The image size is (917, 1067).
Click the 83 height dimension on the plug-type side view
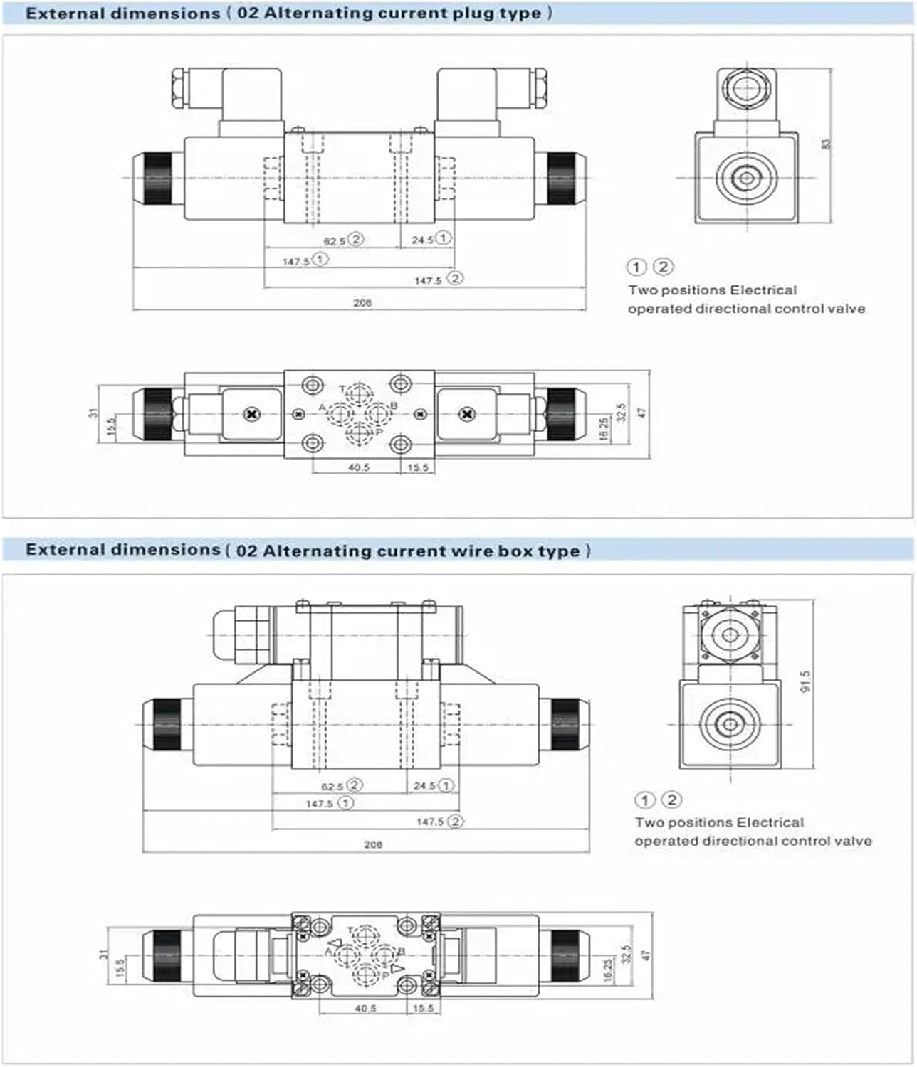pos(826,143)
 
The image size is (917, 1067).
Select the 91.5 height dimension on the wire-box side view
pos(806,681)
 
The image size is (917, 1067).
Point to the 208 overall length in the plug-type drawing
pos(362,303)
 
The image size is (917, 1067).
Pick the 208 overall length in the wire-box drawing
pos(372,844)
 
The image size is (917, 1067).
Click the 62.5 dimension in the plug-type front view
pos(334,241)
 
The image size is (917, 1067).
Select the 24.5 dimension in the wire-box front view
pos(424,786)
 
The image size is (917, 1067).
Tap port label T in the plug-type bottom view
pos(342,389)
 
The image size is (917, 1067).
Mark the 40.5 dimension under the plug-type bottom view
pos(359,467)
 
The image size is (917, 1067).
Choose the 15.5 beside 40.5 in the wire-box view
pos(423,1008)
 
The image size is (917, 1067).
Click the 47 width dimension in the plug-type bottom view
pos(641,413)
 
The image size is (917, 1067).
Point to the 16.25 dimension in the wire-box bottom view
pos(607,970)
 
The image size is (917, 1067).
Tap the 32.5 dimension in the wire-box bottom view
pos(626,954)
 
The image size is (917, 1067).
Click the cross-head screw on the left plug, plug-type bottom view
pos(250,413)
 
